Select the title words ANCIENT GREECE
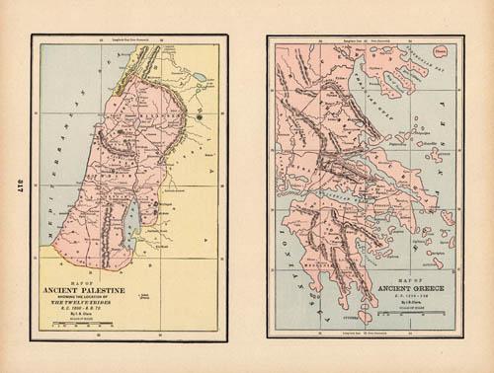(x=407, y=288)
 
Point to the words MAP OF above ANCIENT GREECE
(x=407, y=280)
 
